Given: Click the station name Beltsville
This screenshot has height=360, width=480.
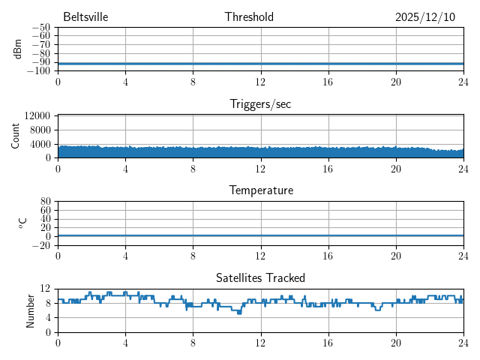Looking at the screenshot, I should click(86, 17).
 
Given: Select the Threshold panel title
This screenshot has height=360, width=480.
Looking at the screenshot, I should click(249, 17).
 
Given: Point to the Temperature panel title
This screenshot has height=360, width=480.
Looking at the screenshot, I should click(260, 190).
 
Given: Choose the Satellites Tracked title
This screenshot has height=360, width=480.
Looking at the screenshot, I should click(260, 278).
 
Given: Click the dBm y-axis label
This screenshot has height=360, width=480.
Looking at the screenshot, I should click(17, 49).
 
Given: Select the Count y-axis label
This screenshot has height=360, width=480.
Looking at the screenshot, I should click(16, 136).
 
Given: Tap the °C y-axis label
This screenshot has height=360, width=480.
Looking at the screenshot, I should click(22, 223).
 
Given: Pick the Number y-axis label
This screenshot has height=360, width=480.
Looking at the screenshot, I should click(31, 310).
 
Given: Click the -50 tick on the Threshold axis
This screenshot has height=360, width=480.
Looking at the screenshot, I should click(40, 28).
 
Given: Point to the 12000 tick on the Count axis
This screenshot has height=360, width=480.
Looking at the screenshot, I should click(37, 115).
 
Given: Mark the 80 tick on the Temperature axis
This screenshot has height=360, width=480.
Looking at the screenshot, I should click(45, 202).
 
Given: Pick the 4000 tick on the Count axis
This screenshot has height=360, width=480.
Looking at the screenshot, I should click(39, 144).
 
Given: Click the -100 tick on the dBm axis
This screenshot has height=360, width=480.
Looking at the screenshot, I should click(38, 71).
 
